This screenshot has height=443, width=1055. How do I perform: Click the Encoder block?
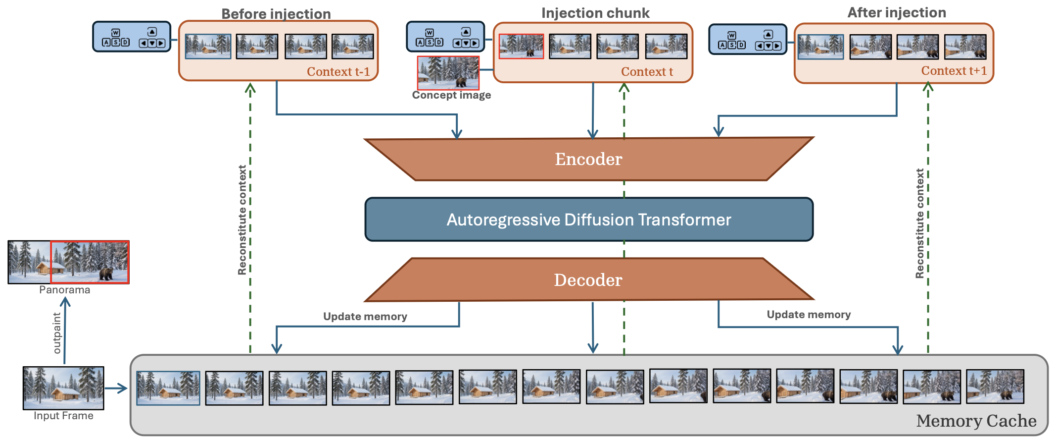pyautogui.click(x=589, y=159)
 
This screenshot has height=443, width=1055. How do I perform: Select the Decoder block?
pyautogui.click(x=589, y=280)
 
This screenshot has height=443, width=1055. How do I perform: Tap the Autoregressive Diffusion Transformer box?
pyautogui.click(x=589, y=220)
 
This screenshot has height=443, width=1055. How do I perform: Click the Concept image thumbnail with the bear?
pyautogui.click(x=448, y=73)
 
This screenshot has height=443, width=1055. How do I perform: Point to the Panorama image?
pyautogui.click(x=68, y=262)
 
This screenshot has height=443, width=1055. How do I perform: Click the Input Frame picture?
pyautogui.click(x=63, y=388)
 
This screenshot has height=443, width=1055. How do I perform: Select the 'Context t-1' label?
pyautogui.click(x=338, y=72)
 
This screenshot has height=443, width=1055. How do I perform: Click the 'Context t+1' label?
pyautogui.click(x=954, y=71)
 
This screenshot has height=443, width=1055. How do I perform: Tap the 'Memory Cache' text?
pyautogui.click(x=976, y=421)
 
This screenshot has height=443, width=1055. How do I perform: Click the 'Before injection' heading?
pyautogui.click(x=276, y=14)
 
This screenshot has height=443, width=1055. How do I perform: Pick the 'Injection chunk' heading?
pyautogui.click(x=595, y=13)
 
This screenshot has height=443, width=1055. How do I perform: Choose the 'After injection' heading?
pyautogui.click(x=897, y=12)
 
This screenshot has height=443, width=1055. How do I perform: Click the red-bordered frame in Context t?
pyautogui.click(x=521, y=46)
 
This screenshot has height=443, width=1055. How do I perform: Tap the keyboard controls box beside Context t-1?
pyautogui.click(x=132, y=37)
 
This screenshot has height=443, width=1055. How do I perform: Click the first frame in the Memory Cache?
pyautogui.click(x=168, y=388)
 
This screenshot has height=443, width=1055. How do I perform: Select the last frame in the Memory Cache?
pyautogui.click(x=995, y=387)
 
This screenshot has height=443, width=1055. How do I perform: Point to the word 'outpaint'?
pyautogui.click(x=57, y=333)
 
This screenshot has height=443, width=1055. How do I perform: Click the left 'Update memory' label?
pyautogui.click(x=365, y=317)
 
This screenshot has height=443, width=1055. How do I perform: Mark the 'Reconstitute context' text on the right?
pyautogui.click(x=920, y=223)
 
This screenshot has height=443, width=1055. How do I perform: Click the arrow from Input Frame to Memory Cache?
pyautogui.click(x=116, y=388)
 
